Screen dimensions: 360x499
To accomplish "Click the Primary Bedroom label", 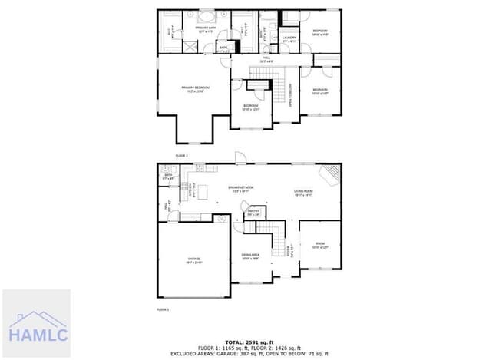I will tap(196, 88).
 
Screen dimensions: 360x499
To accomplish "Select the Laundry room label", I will tap(289, 38).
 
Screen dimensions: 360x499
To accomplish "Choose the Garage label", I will tap(193, 259).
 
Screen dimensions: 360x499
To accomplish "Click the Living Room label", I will tap(303, 193).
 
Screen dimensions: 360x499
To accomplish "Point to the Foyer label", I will tap(289, 249).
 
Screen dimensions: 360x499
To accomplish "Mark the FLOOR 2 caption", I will tap(181, 156).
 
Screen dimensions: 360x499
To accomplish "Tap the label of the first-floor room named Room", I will tap(320, 246).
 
